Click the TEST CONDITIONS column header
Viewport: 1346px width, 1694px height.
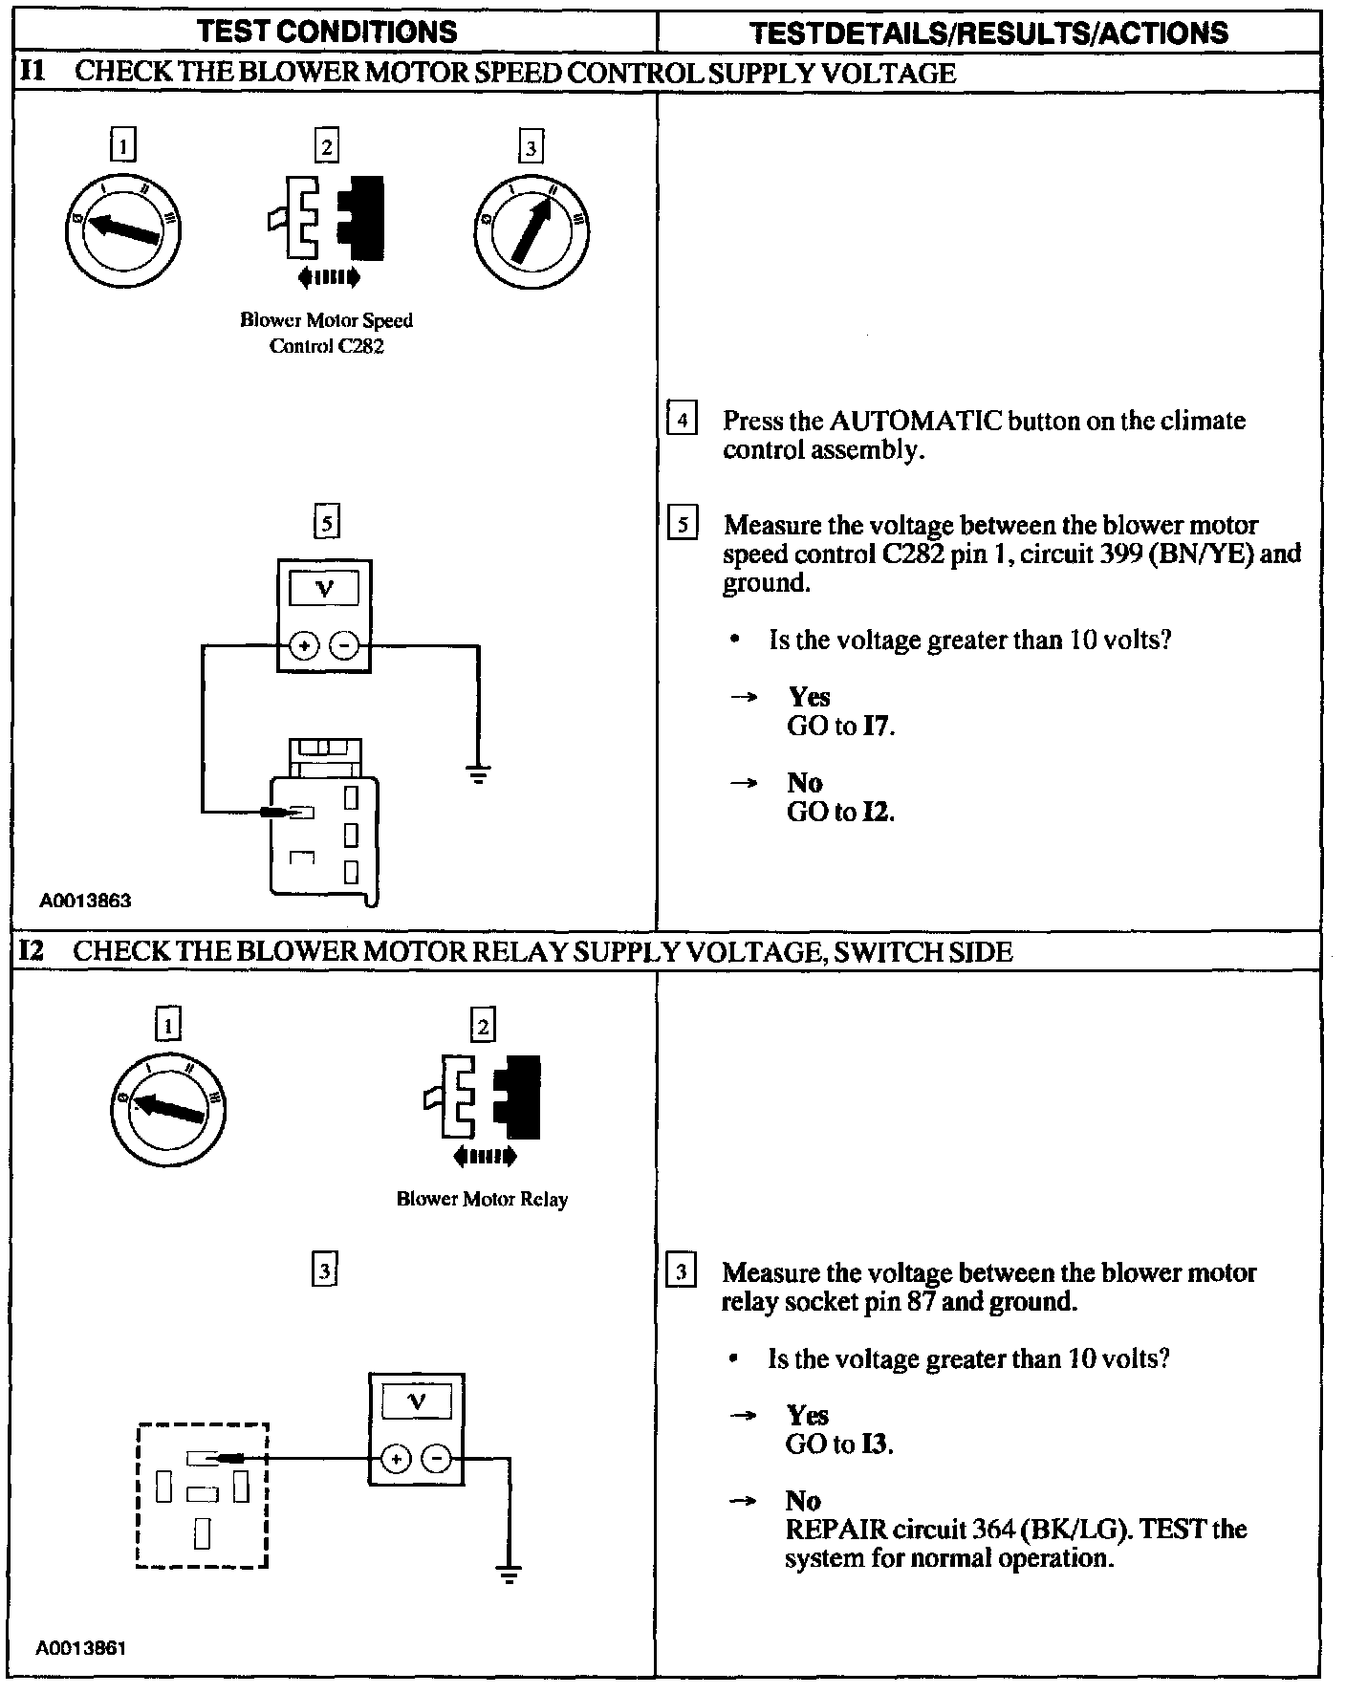click(327, 32)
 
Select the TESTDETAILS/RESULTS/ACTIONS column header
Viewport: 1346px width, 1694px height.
click(988, 33)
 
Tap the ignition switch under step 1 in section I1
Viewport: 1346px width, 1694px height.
click(123, 229)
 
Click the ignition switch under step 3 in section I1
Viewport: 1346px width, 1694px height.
click(532, 230)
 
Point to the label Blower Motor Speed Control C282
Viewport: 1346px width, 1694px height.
click(326, 333)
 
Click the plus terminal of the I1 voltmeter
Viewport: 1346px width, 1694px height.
click(304, 646)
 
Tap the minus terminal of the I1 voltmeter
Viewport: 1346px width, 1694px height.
click(344, 646)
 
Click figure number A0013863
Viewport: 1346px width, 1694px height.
click(85, 901)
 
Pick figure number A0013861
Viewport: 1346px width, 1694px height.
click(81, 1648)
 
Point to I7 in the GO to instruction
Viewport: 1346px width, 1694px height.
click(878, 726)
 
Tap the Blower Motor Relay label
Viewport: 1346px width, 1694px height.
click(482, 1199)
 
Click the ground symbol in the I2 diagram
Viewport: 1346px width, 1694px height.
click(510, 1575)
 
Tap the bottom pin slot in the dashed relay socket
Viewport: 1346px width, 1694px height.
click(202, 1532)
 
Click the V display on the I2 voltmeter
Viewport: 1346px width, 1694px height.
click(417, 1402)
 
